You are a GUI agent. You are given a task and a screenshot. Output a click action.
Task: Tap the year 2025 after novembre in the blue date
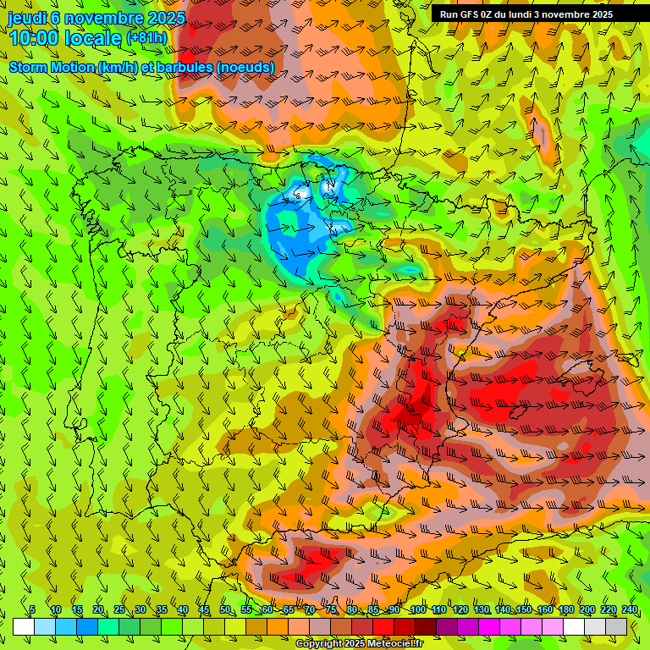162,18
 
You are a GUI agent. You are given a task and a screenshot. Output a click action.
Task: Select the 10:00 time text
33,38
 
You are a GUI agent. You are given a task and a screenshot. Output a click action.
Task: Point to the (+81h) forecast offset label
146,38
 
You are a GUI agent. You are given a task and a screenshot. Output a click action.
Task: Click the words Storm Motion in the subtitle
52,67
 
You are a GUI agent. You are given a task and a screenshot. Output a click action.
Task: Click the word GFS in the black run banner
474,14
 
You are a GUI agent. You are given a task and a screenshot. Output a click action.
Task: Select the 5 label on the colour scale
32,610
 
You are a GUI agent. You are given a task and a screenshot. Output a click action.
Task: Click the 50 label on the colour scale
225,610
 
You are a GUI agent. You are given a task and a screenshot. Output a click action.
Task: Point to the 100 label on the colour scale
418,610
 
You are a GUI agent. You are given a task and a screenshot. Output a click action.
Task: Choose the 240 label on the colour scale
630,610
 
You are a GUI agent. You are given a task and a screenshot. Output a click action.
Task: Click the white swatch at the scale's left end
24,626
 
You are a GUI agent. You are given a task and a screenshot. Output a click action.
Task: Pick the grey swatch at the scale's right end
616,626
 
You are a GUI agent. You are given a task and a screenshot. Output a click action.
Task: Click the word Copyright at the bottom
318,644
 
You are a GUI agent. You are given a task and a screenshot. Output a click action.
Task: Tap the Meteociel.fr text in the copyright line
394,644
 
